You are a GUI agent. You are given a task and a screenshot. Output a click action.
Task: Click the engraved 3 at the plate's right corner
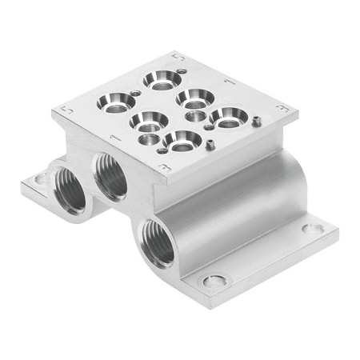tap(280, 106)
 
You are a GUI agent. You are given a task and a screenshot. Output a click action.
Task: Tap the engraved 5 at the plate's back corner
tap(178, 57)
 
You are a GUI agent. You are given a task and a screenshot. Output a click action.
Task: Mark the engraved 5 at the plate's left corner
tap(66, 109)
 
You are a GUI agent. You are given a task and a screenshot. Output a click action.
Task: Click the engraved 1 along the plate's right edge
tap(230, 80)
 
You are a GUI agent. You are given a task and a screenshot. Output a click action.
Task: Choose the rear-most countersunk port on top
tap(162, 78)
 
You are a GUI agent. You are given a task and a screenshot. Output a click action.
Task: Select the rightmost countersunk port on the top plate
tap(230, 117)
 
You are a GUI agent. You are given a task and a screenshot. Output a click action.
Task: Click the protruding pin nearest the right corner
tap(255, 122)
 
